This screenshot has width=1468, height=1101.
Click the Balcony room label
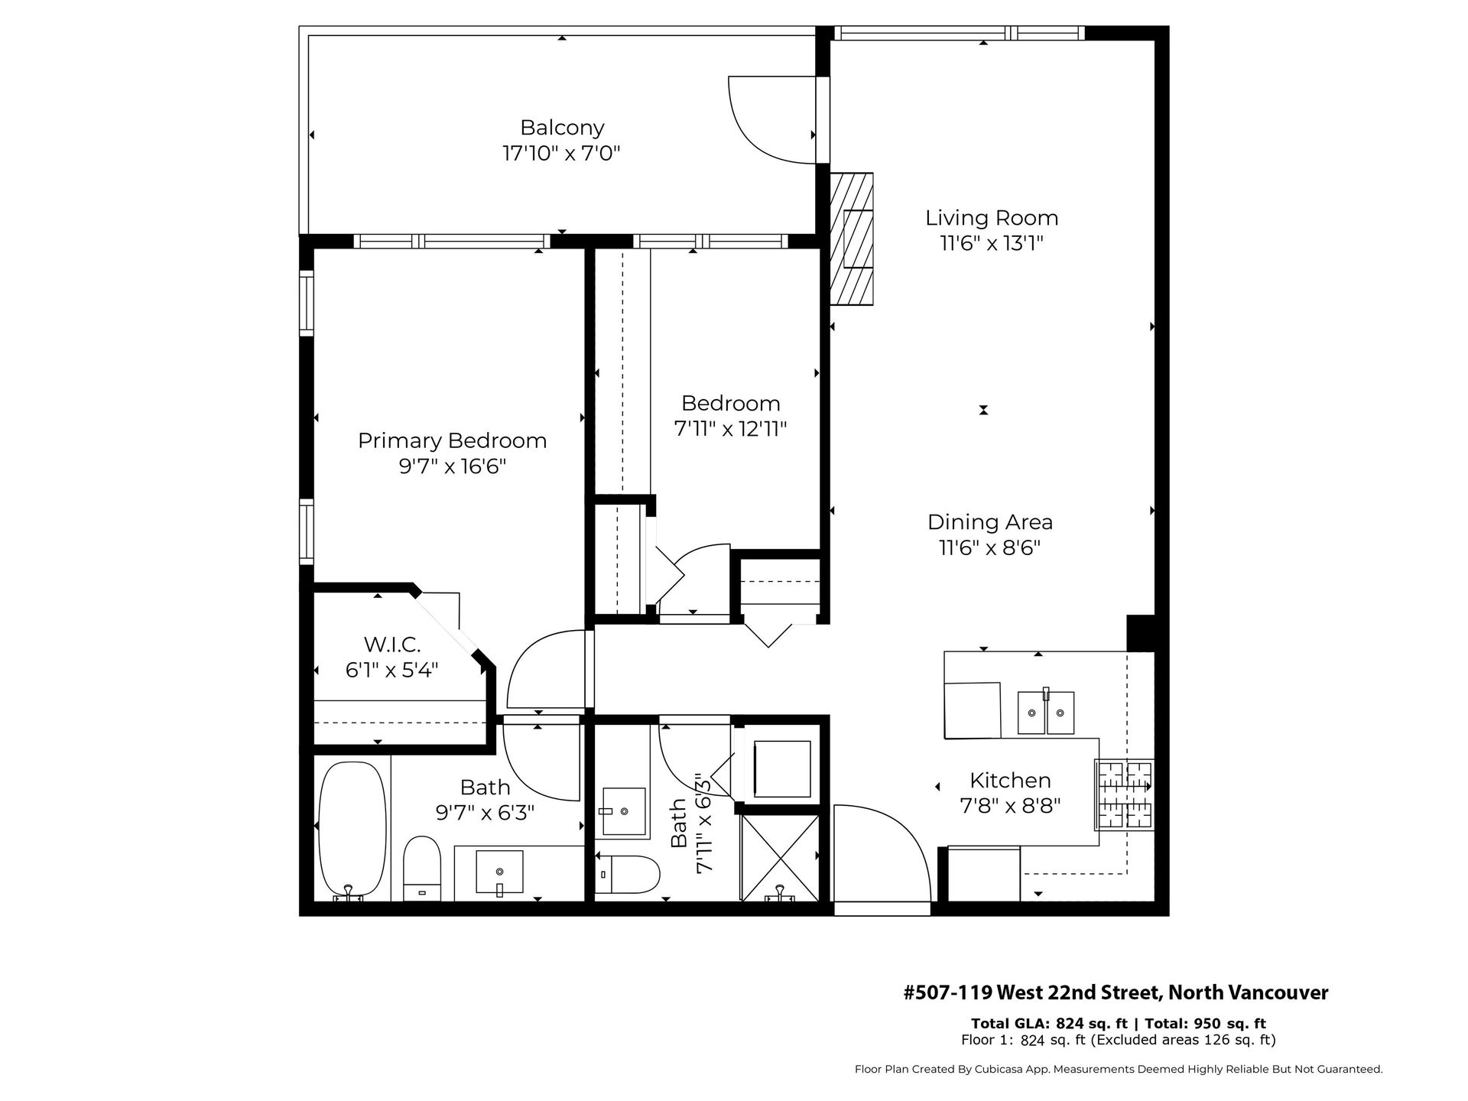click(562, 127)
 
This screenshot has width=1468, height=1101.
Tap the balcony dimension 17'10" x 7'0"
click(561, 153)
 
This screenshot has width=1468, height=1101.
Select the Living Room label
click(992, 218)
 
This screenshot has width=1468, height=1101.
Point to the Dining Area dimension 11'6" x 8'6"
click(990, 548)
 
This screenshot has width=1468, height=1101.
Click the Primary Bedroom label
click(453, 440)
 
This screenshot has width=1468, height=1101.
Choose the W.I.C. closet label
click(392, 645)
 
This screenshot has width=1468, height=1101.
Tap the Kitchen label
click(1010, 780)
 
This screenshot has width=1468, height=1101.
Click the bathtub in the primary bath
click(350, 830)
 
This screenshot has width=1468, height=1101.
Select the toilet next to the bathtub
click(422, 869)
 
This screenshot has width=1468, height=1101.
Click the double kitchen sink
click(1045, 712)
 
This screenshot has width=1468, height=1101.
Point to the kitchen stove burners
click(1124, 795)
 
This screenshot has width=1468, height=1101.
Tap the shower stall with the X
click(780, 857)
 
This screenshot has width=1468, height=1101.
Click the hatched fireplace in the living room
click(852, 239)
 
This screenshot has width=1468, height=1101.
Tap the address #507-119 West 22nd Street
click(1116, 992)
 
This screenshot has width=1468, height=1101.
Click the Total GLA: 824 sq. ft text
click(1049, 1024)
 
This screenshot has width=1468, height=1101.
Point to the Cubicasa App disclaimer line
click(1119, 1070)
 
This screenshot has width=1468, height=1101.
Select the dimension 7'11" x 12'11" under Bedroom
click(730, 429)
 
